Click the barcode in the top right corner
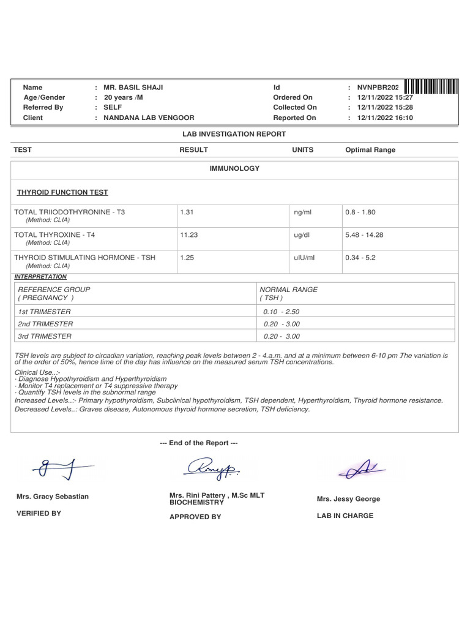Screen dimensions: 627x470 coord(431,87)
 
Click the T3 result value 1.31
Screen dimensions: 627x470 coord(187,212)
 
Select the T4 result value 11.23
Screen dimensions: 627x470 coord(188,235)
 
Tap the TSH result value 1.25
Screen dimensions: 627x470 coord(187,258)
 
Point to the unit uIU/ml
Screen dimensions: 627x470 coord(304,258)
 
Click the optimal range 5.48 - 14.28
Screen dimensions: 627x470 coord(364,235)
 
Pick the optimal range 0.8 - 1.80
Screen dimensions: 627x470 coord(360,212)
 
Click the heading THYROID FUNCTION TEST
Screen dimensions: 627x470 coord(62,192)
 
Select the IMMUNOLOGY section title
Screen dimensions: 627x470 coord(234,168)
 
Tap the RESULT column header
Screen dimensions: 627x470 coord(193,150)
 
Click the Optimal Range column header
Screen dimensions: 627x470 coord(370,150)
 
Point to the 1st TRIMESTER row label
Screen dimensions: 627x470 coord(44,312)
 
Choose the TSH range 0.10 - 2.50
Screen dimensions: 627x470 coord(282,312)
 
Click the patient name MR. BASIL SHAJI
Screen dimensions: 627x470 coord(133,88)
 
